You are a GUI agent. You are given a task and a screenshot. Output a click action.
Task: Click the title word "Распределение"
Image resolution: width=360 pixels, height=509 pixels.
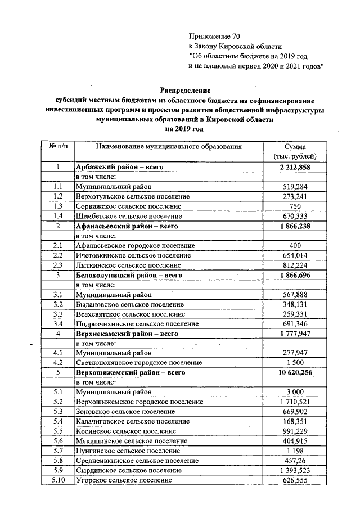[x=185, y=90]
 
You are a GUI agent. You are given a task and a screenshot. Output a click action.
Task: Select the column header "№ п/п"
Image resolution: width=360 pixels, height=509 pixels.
[x=57, y=146]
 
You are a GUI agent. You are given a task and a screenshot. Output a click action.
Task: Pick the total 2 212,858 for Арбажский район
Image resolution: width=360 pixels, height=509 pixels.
[x=295, y=168]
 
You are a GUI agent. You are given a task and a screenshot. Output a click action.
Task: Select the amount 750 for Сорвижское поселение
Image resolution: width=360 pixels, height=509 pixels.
[x=295, y=206]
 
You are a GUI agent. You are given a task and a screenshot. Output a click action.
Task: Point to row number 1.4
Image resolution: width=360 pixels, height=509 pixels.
[x=57, y=216]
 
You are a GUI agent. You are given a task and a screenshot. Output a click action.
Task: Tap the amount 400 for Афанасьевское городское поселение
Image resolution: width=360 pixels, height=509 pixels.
[x=295, y=245]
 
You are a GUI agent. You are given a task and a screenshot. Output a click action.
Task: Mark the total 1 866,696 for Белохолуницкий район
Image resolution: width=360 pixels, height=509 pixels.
[x=295, y=274]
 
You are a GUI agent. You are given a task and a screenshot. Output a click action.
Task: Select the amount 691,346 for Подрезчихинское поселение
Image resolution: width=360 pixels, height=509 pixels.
[x=295, y=324]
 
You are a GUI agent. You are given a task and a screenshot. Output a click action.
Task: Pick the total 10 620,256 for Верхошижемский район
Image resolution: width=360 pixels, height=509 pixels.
[x=295, y=372]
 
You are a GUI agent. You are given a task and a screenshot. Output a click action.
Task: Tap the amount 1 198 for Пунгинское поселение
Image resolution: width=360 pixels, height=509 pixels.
[x=295, y=451]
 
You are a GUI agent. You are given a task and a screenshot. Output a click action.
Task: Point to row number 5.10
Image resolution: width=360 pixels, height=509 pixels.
[x=57, y=480]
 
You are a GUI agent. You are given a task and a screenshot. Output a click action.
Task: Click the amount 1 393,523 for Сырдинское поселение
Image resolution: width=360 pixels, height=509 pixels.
[x=295, y=470]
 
